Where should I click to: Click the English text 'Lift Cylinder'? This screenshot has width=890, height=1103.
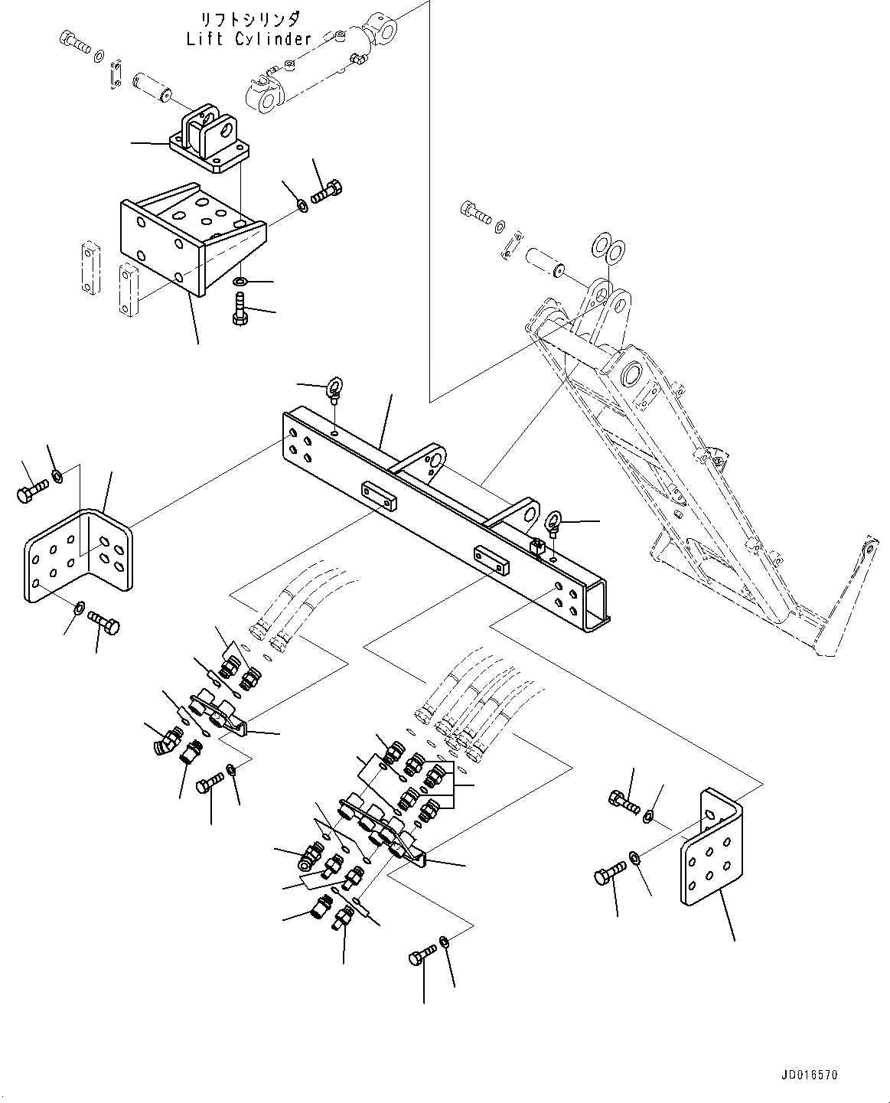pos(249,39)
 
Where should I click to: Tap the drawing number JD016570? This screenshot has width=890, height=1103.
pos(810,1075)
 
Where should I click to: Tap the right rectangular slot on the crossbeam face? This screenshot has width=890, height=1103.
pos(491,559)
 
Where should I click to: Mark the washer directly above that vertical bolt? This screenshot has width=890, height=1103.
pos(240,282)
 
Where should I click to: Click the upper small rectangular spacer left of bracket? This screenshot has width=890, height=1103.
pos(90,267)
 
